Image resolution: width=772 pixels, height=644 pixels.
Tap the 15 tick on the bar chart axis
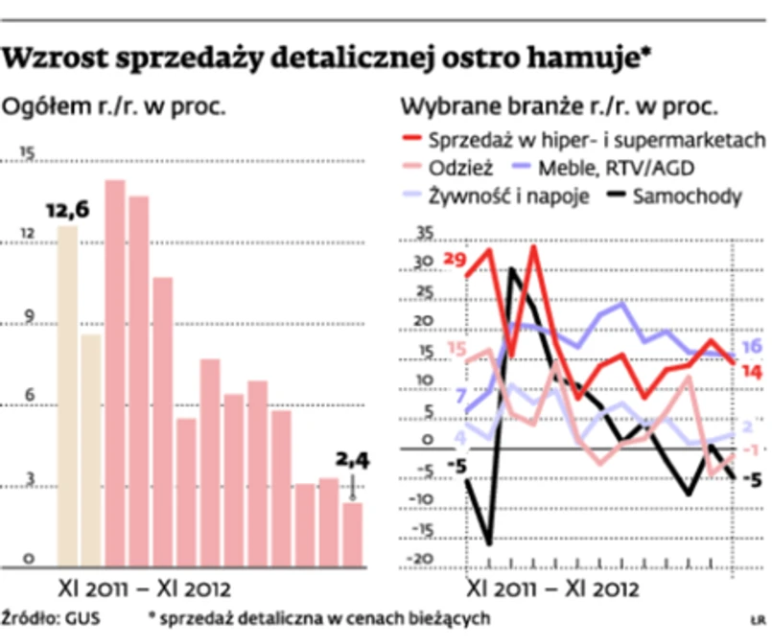pyautogui.click(x=26, y=152)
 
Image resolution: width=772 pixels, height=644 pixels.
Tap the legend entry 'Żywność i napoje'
pyautogui.click(x=515, y=196)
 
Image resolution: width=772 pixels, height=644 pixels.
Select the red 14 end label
pyautogui.click(x=750, y=371)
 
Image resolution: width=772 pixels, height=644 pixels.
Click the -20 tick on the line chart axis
pyautogui.click(x=420, y=558)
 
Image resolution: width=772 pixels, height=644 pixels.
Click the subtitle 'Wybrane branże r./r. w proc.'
pyautogui.click(x=559, y=105)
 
